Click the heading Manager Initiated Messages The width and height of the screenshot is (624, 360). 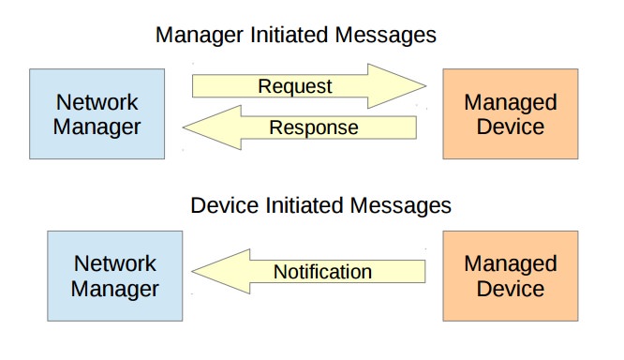point(295,36)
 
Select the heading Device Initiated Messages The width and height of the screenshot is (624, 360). point(320,204)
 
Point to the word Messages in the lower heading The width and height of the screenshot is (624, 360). point(406,204)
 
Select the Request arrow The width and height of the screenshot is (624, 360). point(300,86)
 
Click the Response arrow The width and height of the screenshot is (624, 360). point(309,127)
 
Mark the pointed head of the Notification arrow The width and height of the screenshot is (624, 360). point(223,272)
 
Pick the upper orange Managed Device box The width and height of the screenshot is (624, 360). point(510,113)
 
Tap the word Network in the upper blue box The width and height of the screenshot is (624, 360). point(96,101)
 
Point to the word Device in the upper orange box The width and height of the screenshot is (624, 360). point(510,127)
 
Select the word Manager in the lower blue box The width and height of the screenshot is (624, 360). point(116,288)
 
